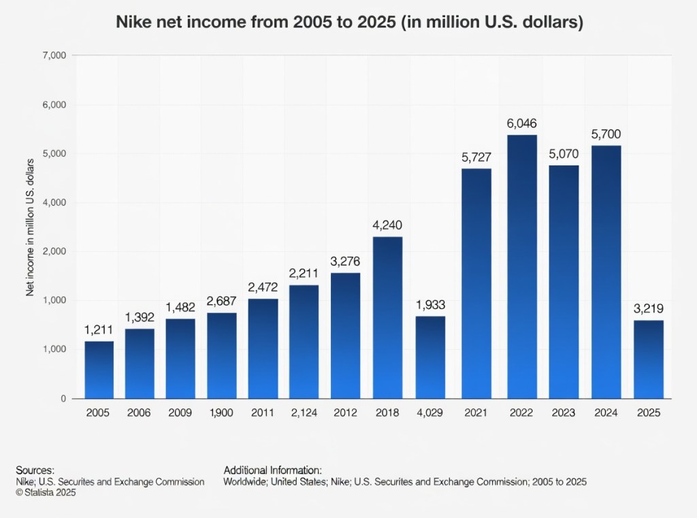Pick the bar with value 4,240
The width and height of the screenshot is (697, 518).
click(x=388, y=317)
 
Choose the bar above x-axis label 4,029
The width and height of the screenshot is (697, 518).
click(x=430, y=357)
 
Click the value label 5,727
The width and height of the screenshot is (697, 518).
click(x=476, y=157)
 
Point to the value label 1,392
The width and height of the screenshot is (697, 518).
click(x=140, y=317)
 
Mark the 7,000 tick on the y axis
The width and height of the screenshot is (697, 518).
click(x=53, y=55)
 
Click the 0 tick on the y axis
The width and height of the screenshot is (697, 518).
click(x=62, y=398)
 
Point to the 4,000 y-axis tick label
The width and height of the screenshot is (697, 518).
click(x=53, y=203)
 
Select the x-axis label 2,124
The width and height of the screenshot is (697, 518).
click(x=305, y=412)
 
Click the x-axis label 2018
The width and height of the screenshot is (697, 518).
click(x=388, y=412)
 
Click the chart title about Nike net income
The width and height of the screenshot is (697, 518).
click(x=349, y=22)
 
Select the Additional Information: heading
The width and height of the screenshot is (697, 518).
click(x=272, y=470)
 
